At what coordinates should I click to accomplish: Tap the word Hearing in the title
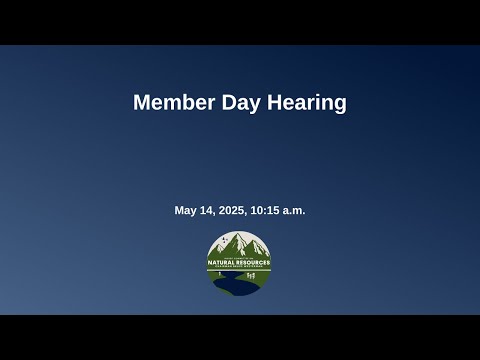307,103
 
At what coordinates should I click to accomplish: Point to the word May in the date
187,210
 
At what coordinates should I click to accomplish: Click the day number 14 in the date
210,210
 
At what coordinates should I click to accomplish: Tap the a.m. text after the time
295,210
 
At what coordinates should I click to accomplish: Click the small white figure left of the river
219,272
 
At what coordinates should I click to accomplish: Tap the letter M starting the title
141,103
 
